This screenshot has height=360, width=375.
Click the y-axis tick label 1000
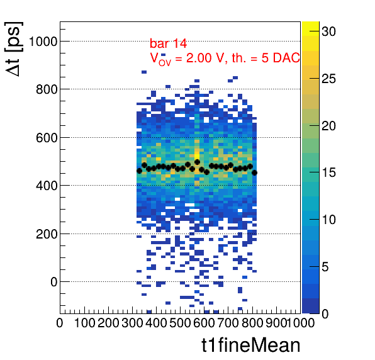43,42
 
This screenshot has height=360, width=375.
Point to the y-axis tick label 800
47,90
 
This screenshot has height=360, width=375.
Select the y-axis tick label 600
47,138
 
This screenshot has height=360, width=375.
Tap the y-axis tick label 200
47,234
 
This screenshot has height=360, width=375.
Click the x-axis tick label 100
85,323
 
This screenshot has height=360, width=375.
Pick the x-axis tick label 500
180,323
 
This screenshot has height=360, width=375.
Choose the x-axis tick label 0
60,323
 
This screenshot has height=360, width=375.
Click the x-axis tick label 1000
300,323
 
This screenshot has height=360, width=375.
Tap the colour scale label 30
328,31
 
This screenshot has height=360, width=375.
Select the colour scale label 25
328,79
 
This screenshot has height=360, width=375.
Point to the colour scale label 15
328,172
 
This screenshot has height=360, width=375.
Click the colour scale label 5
325,267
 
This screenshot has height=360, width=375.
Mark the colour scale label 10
328,220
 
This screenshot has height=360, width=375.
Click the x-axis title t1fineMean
251,345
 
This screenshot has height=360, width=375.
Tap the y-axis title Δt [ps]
14,49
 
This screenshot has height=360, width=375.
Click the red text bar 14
168,43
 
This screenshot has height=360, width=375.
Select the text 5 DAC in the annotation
281,58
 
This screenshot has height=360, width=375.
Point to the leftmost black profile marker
139,171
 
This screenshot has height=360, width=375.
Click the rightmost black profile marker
254,172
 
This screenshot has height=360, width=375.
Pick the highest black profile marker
198,162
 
